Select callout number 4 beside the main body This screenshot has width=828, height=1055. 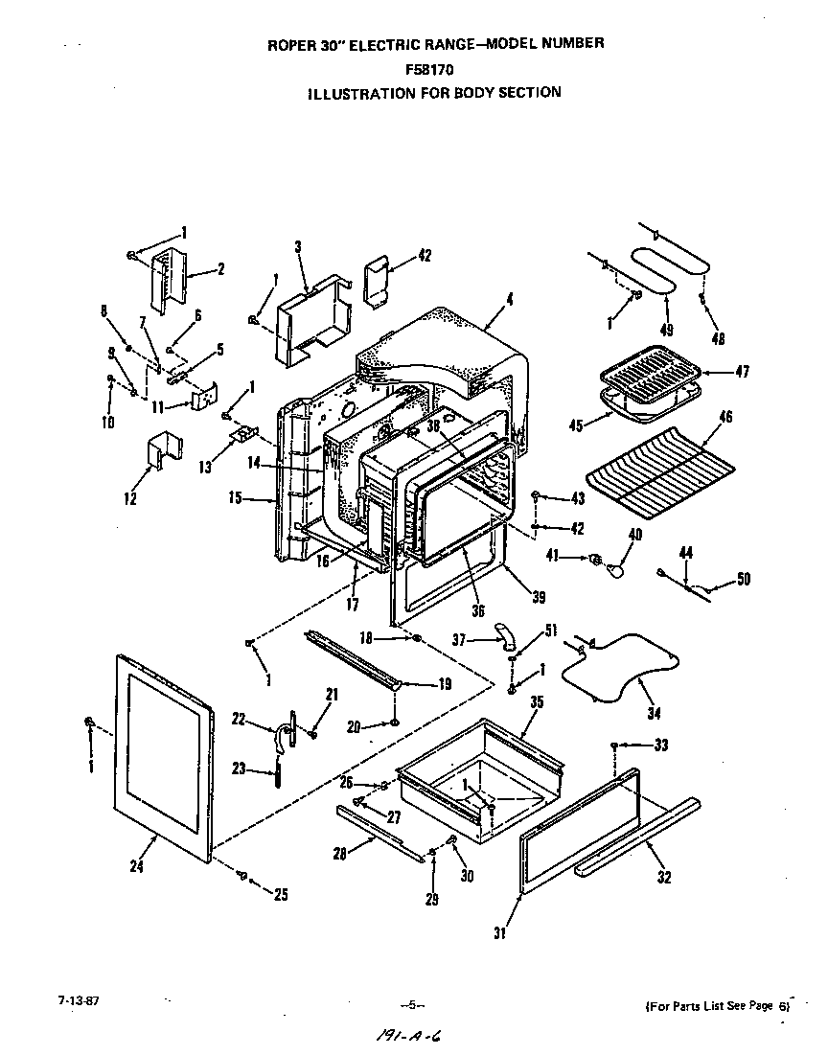pos(510,299)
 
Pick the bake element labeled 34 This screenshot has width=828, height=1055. pos(618,669)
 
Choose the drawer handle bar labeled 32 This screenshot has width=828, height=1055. pos(637,837)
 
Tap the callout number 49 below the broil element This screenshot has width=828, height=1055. pos(667,330)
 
